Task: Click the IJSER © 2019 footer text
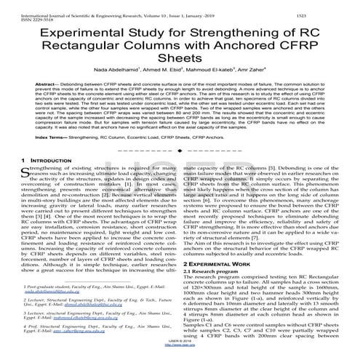point(179,349)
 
